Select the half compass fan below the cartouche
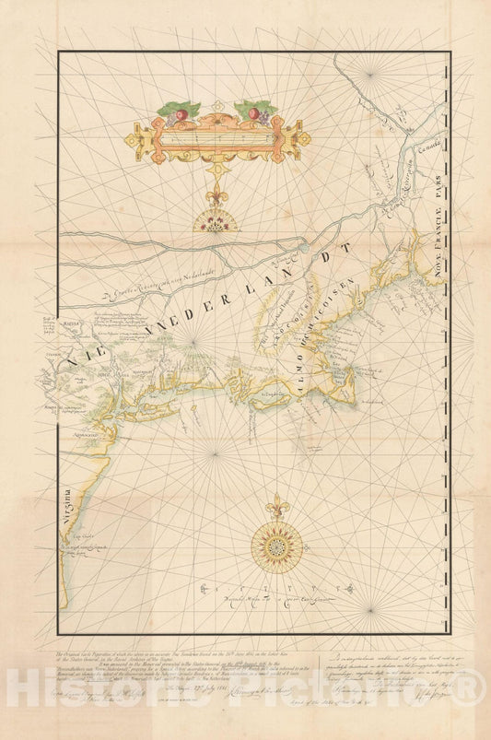pos(215,219)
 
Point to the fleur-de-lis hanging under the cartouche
pos(215,195)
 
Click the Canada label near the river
pos(427,146)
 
